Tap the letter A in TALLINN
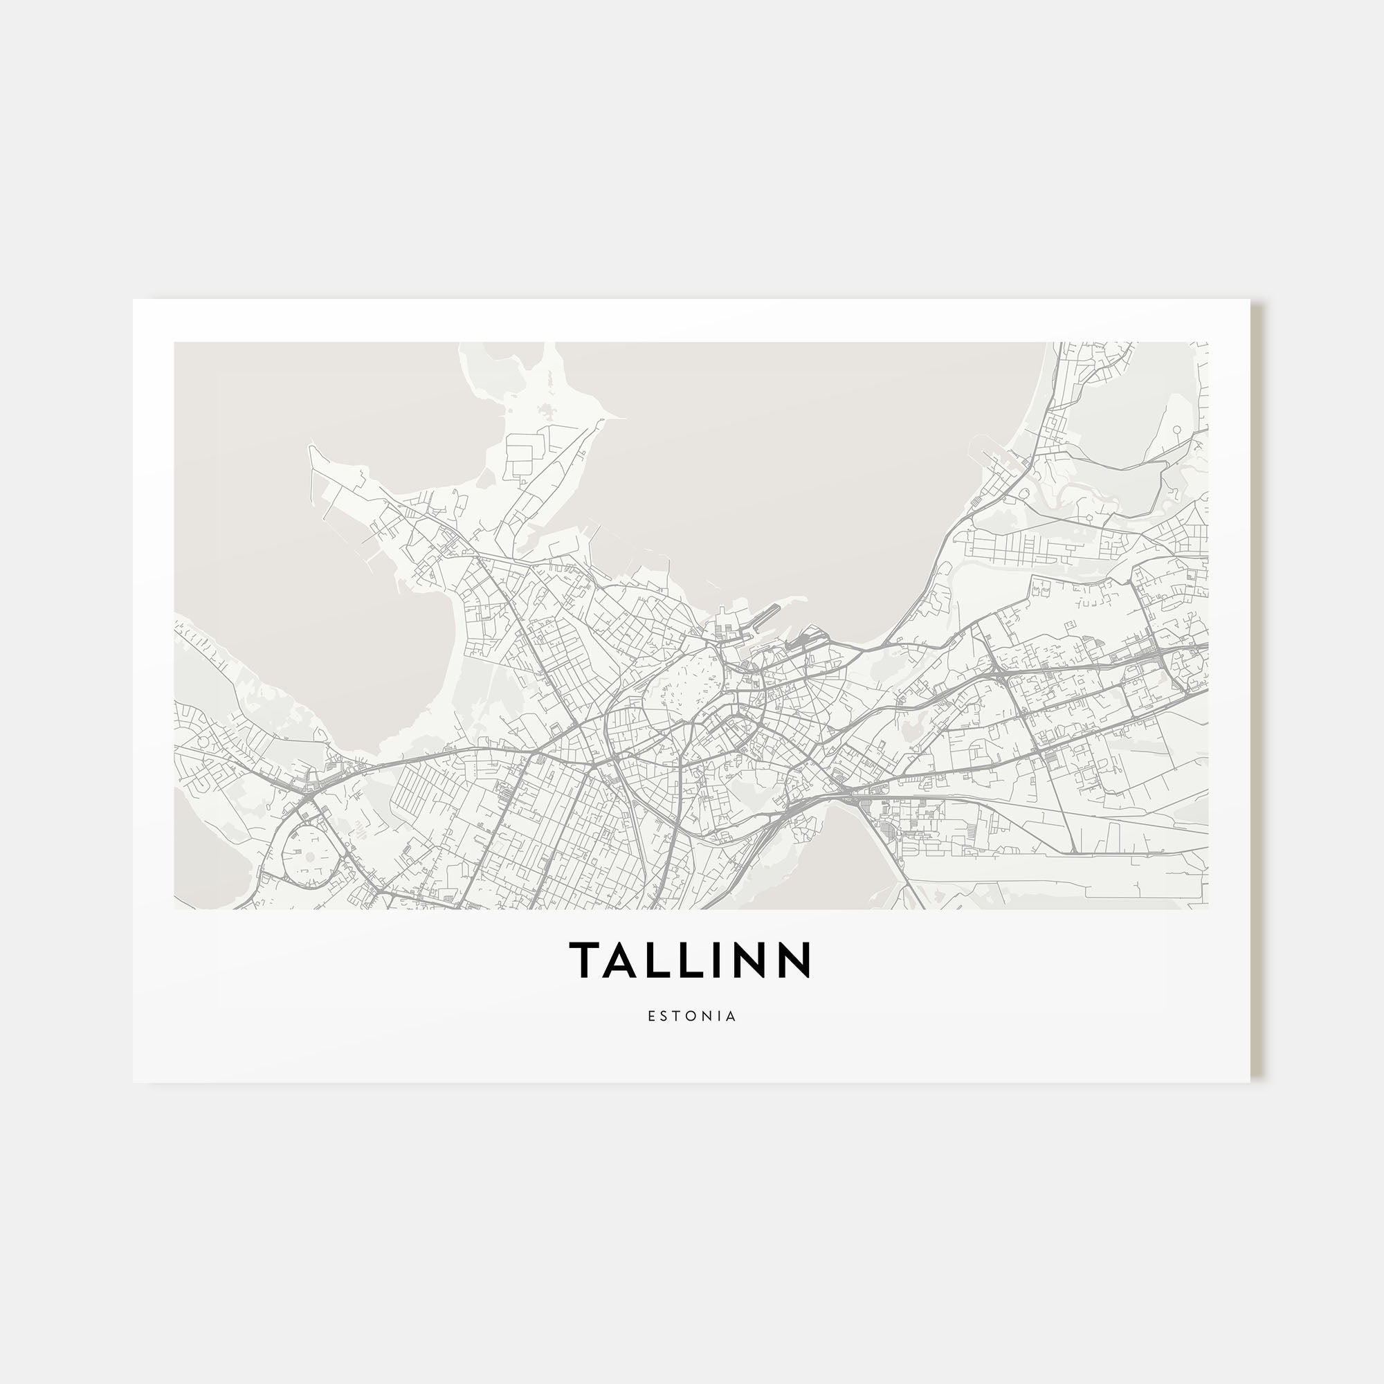(619, 959)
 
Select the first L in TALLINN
(655, 959)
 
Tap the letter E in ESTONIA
(650, 1017)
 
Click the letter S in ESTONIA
(664, 1017)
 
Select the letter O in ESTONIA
(692, 1017)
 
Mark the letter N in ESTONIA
(708, 1017)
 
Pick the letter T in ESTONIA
(677, 1017)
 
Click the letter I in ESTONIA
(720, 1017)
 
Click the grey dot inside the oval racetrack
(310, 856)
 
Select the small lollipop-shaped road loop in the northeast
(1176, 429)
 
